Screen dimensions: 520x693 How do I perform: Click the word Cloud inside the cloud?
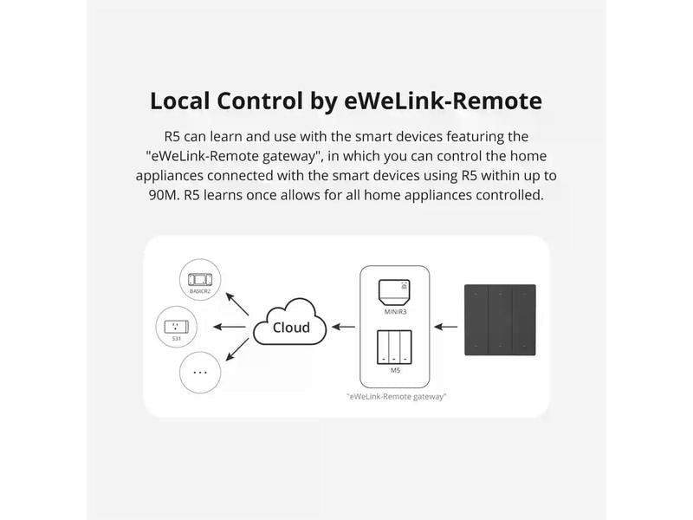click(x=291, y=328)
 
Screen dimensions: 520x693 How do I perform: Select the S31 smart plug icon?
click(x=201, y=328)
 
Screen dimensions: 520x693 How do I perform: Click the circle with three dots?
click(x=201, y=373)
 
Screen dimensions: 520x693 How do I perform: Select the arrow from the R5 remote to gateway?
click(x=445, y=328)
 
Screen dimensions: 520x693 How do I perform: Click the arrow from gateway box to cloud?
click(x=343, y=328)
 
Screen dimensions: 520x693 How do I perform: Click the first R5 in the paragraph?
click(x=173, y=137)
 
